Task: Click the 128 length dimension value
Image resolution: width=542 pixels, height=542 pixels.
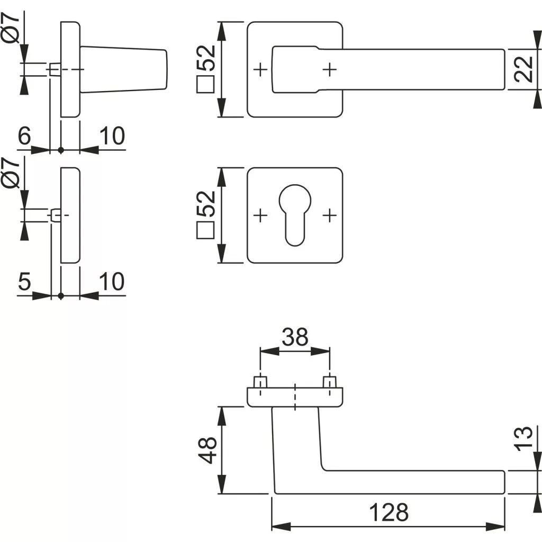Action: pos(389,512)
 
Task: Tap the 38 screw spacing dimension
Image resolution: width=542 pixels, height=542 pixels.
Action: pos(295,337)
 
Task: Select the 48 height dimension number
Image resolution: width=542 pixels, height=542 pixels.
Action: pos(210,450)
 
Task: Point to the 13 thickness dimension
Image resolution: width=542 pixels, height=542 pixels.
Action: pos(522,439)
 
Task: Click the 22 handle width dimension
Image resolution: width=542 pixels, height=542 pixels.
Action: pos(522,69)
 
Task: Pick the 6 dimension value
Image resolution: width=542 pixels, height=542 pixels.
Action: pos(24,137)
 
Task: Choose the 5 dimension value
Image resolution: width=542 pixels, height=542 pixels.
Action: pos(24,282)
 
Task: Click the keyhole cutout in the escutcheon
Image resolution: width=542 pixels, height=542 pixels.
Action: pos(295,212)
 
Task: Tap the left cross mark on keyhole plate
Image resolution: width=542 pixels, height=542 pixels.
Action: pos(260,215)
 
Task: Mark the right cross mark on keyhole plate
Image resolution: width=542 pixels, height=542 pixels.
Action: pos(330,215)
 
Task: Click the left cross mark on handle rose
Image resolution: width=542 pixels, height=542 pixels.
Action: pos(260,69)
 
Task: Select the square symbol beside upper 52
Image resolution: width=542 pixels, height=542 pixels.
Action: pos(205,85)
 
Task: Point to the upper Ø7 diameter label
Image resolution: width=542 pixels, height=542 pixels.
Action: pos(11,30)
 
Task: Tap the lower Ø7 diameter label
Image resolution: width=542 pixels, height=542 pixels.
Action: pos(11,173)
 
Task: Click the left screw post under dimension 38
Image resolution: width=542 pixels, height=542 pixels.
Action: pos(260,382)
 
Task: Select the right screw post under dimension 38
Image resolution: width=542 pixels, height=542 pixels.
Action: pos(330,382)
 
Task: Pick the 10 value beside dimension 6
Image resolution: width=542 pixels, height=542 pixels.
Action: pos(112,137)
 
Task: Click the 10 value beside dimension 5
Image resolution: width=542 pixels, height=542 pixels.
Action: pos(112,282)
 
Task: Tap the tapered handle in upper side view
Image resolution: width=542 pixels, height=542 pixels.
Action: pos(124,70)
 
